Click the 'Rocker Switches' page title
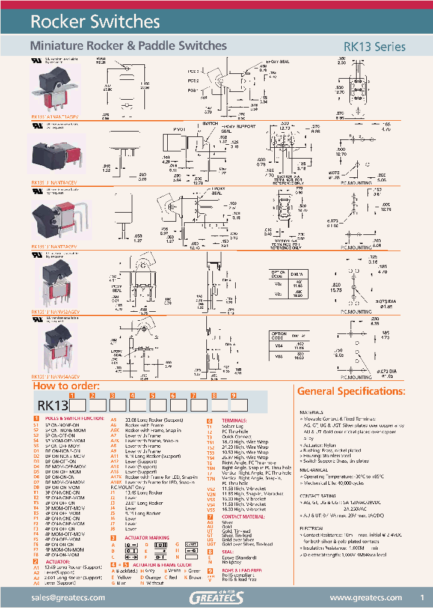click(95, 22)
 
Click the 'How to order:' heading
click(66, 386)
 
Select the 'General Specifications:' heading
click(351, 391)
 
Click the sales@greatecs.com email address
click(66, 597)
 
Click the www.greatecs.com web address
click(366, 597)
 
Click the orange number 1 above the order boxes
click(72, 395)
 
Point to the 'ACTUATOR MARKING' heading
click(147, 538)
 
